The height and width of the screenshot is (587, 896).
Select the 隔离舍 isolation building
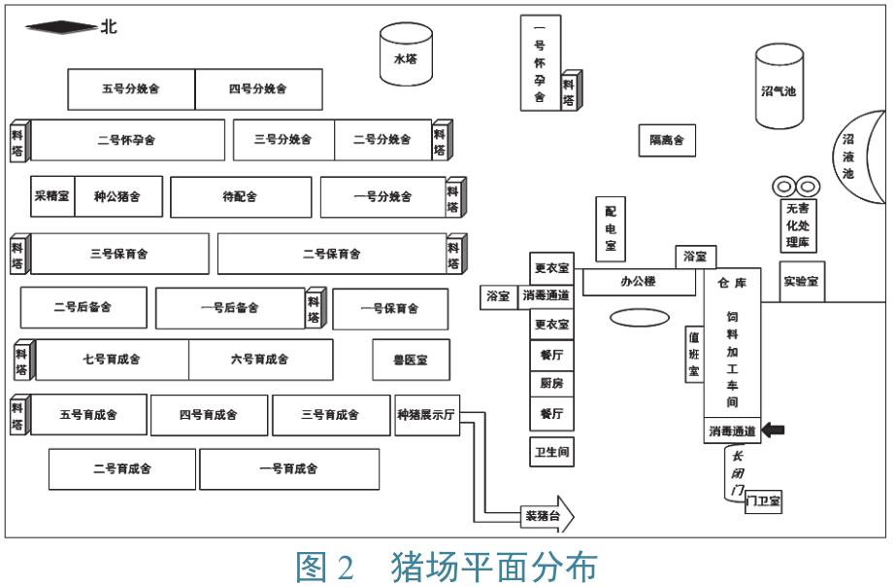[666, 140]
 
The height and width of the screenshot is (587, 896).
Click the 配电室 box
[610, 228]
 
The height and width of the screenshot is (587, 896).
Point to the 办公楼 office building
[638, 282]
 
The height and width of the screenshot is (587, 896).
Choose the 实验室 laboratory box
[801, 281]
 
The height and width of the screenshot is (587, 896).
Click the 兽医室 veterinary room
[409, 360]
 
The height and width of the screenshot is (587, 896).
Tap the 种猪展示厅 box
[426, 415]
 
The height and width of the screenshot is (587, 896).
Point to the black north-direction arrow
[60, 27]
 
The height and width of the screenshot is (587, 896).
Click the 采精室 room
[51, 196]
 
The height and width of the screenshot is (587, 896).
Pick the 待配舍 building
[241, 196]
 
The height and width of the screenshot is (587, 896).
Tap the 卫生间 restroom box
[550, 452]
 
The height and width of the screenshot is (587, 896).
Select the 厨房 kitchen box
[550, 384]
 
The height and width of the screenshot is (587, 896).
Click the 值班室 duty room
[694, 354]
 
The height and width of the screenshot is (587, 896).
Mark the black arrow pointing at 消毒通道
[774, 430]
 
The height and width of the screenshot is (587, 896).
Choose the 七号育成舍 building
[112, 360]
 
